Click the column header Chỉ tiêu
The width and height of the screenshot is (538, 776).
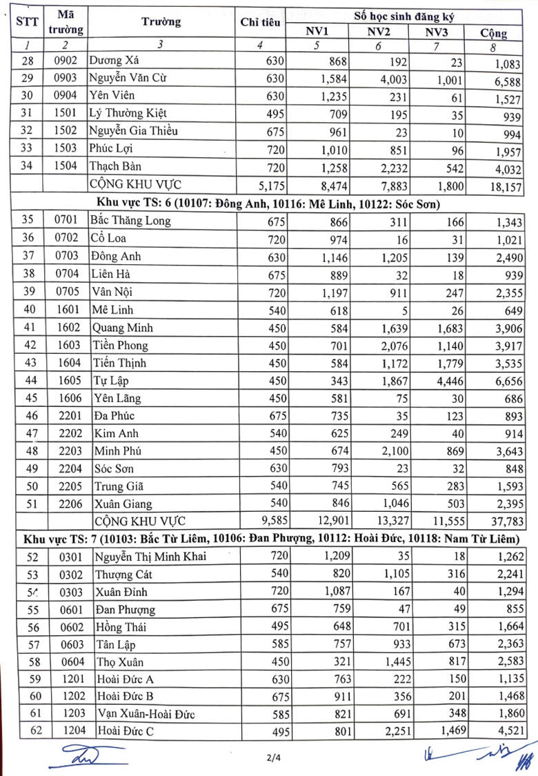260,23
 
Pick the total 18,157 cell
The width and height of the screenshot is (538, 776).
503,186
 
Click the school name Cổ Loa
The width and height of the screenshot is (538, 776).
110,239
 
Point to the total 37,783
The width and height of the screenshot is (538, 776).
503,521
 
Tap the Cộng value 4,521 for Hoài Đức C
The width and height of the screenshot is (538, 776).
506,733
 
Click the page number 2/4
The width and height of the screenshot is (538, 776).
275,758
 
